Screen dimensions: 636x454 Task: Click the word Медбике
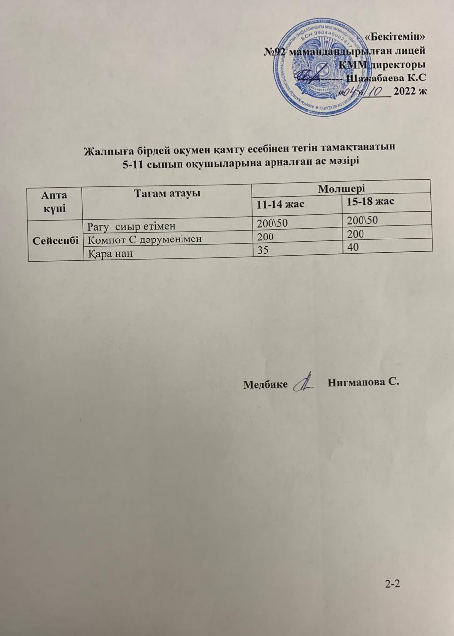pyautogui.click(x=266, y=384)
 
